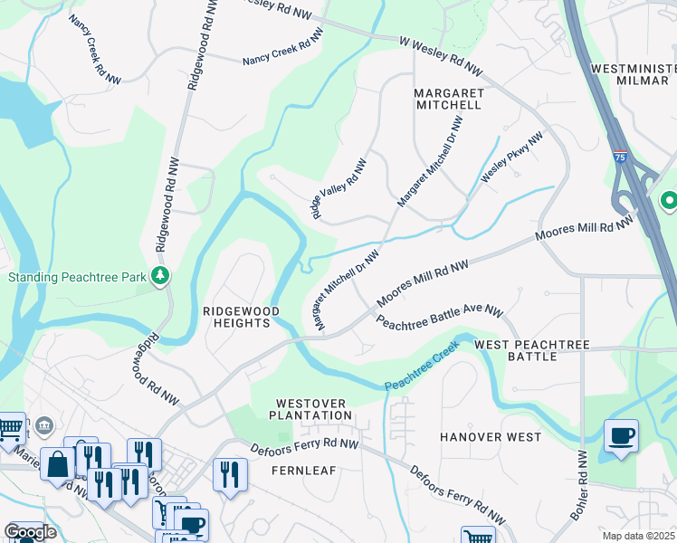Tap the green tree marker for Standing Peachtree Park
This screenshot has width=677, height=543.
160,275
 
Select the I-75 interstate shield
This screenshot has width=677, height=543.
621,157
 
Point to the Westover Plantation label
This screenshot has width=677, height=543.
314,408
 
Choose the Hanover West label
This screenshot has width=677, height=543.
491,437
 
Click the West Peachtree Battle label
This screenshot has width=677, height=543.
532,351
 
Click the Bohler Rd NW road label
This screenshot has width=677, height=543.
579,494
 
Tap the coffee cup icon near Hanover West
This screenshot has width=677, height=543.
621,435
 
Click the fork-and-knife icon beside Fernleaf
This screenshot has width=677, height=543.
229,474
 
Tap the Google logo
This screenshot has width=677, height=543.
31,532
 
